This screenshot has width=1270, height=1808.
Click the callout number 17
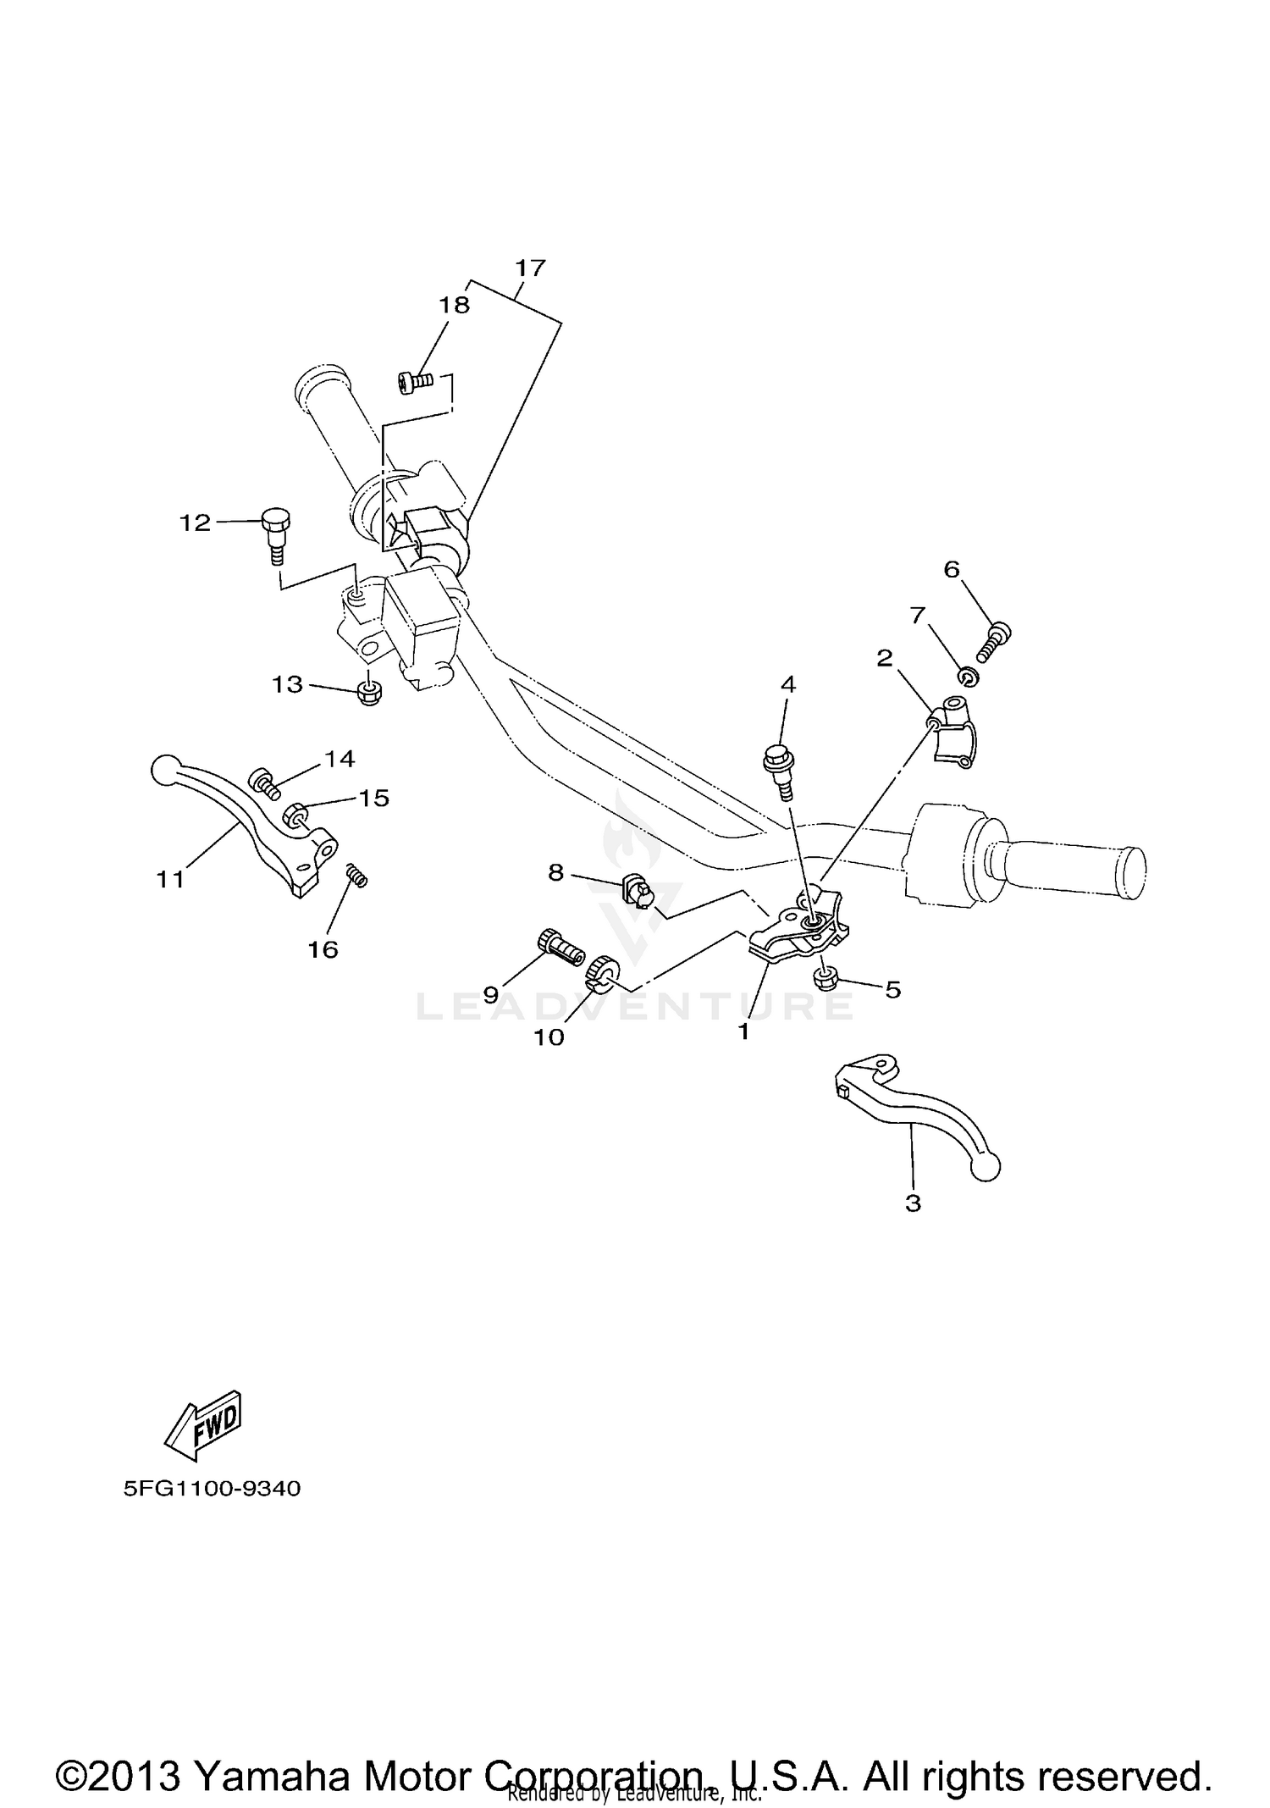(531, 268)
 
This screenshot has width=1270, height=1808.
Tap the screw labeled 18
(414, 383)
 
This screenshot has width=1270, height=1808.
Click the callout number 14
(340, 759)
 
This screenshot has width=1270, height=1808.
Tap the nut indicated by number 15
(296, 815)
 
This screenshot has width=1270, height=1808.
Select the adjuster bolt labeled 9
(560, 946)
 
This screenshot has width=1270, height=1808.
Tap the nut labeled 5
(825, 980)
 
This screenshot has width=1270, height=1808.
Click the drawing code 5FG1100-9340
(212, 1512)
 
